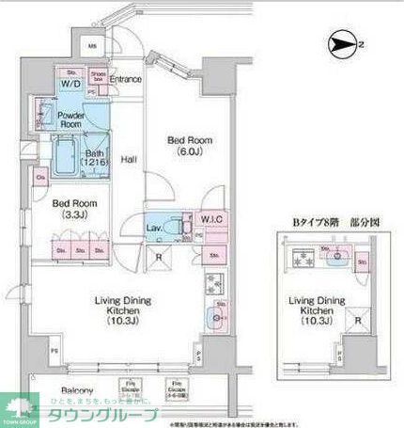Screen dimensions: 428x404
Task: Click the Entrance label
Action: coord(125,80)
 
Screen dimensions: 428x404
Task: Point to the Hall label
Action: coord(130,160)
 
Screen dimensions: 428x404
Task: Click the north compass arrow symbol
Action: coord(342,43)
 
